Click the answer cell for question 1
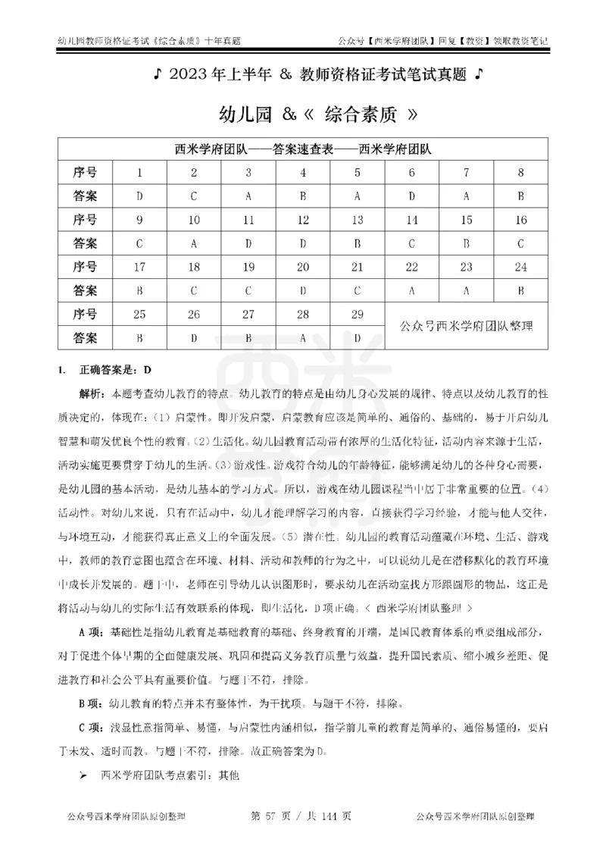139,196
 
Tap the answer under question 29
358,337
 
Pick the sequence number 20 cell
303,267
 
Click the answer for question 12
303,243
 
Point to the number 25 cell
139,314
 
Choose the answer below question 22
412,290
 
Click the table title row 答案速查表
303,149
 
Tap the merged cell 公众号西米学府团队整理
467,326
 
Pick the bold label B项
91,703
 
